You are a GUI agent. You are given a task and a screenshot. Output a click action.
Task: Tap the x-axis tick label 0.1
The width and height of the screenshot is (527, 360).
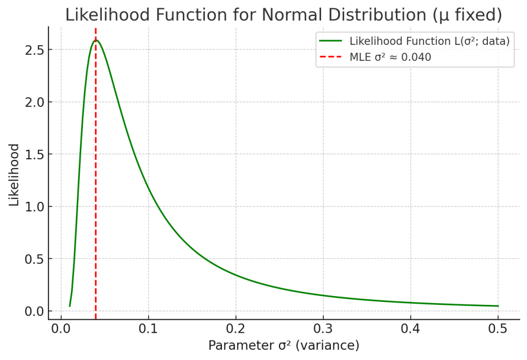(148, 329)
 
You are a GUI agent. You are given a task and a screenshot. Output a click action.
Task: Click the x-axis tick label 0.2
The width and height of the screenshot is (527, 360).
(236, 329)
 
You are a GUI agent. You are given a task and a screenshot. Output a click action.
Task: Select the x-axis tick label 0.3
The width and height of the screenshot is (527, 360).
(323, 329)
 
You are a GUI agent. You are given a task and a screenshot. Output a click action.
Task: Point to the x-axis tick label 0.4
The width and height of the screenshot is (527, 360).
(411, 329)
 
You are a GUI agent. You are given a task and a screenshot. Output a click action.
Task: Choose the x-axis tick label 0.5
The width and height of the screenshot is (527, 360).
(498, 329)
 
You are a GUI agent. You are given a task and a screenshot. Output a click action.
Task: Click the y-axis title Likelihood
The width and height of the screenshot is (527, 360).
(14, 175)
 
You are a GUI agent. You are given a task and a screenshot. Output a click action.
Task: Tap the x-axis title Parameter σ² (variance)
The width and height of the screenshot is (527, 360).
(284, 345)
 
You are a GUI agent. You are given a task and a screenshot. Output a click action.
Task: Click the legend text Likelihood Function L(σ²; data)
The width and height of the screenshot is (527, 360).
(429, 41)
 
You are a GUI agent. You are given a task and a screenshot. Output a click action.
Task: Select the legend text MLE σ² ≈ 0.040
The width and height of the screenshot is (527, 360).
(390, 57)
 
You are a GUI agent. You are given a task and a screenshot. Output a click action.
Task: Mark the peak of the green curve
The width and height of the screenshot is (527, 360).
(96, 40)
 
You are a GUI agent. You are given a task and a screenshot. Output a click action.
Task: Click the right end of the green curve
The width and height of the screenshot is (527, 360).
(498, 306)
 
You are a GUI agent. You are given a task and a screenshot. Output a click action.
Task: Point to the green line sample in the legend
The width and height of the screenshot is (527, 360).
(331, 41)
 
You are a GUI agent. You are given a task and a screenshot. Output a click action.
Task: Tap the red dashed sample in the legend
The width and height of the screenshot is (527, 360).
(331, 57)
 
